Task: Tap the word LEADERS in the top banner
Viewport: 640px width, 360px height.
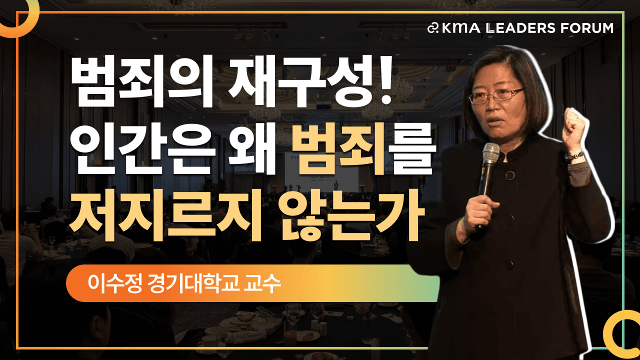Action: pyautogui.click(x=521, y=28)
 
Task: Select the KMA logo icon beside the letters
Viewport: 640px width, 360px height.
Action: pyautogui.click(x=433, y=28)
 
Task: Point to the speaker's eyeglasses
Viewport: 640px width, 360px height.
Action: pyautogui.click(x=496, y=95)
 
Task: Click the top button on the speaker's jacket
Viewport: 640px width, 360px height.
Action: pyautogui.click(x=509, y=175)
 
